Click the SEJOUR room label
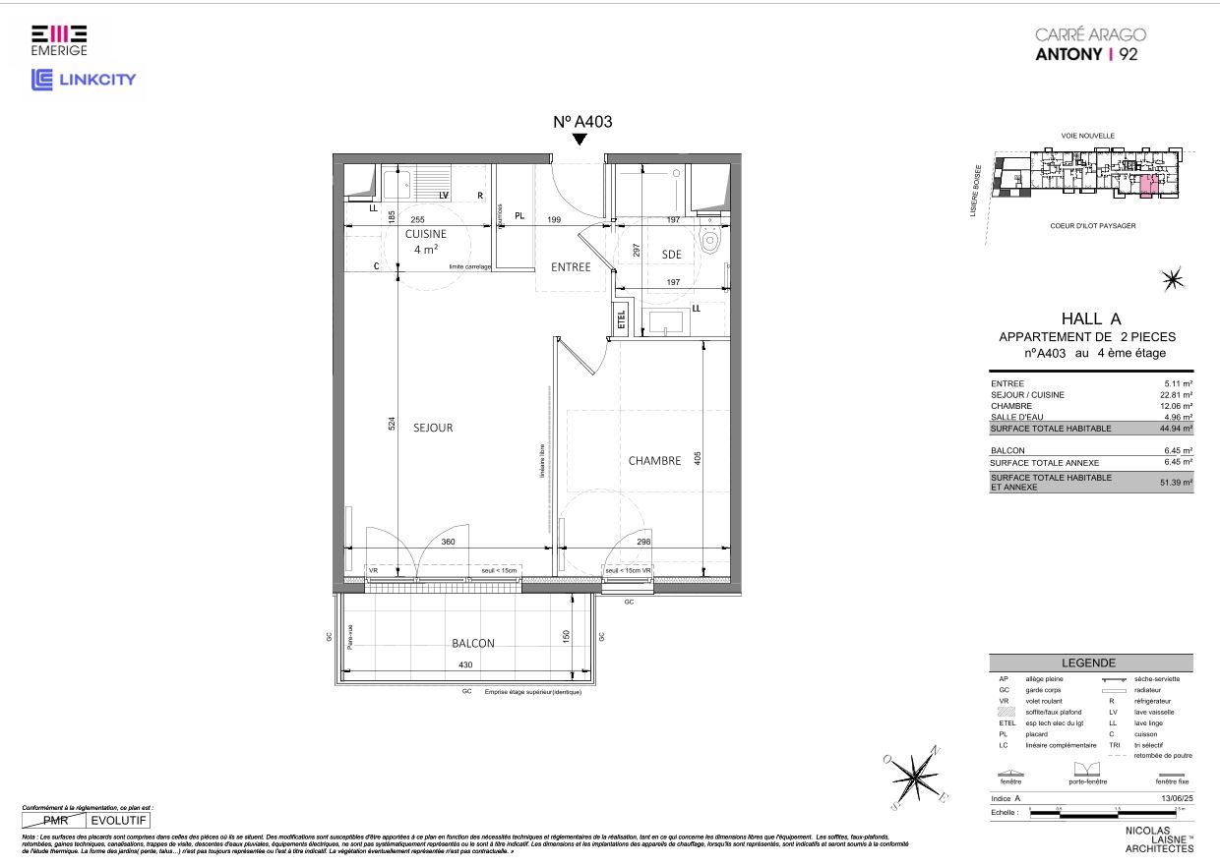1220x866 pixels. [433, 428]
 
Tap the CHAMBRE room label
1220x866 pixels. [654, 460]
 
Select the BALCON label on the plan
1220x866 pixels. [472, 643]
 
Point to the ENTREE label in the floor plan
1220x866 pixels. [571, 266]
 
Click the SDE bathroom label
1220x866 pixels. [671, 255]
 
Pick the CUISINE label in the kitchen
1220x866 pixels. [425, 234]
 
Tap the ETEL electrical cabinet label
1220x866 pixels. [621, 319]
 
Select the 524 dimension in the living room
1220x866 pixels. [392, 424]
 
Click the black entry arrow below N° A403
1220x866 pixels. [580, 140]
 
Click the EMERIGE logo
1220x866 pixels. [59, 40]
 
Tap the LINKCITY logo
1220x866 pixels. [84, 80]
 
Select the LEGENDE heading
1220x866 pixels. [1089, 664]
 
